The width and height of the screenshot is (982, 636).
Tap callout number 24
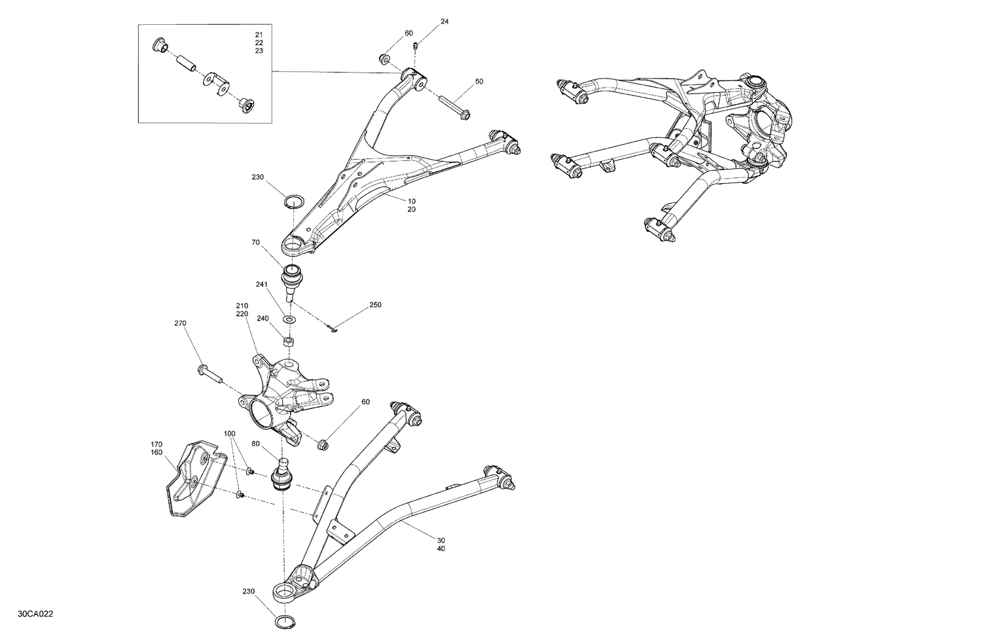click(445, 22)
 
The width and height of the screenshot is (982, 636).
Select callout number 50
click(479, 82)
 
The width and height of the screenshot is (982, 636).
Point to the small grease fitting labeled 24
click(416, 45)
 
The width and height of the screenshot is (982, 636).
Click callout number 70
click(256, 242)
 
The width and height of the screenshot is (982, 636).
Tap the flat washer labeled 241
click(289, 319)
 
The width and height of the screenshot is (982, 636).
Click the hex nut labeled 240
click(287, 342)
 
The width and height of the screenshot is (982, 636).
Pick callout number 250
click(375, 305)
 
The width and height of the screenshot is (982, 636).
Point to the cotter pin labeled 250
click(333, 329)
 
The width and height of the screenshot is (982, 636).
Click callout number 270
click(181, 323)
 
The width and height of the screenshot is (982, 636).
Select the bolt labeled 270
click(210, 374)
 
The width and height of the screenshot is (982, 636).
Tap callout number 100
click(229, 434)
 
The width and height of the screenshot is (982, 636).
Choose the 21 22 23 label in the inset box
click(259, 43)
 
